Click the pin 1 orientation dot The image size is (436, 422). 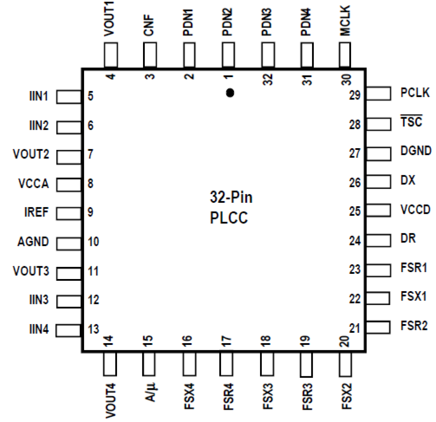pos(230,93)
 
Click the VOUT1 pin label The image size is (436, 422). pos(109,19)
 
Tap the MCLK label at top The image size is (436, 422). pos(345,21)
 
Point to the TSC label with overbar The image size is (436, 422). pos(411,121)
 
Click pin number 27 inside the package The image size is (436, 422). pos(355,153)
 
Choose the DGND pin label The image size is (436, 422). pos(416,151)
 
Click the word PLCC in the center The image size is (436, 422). pos(229,218)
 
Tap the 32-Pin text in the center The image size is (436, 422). pos(231,197)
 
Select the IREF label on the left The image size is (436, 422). pos(36,212)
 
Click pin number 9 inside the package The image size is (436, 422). pos(90,212)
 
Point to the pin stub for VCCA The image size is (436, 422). pos(69,185)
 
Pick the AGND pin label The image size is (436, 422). pos(33,242)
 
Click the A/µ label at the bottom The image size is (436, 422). pos(150,392)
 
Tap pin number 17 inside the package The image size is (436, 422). pos(226,341)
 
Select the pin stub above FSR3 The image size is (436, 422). pos(306,364)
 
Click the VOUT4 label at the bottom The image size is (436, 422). pos(110,400)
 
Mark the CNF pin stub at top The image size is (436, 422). pos(150,55)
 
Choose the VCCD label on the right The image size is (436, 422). pos(415,210)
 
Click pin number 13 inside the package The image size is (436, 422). pos(93,329)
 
